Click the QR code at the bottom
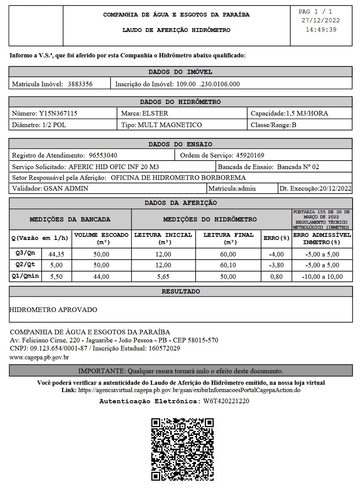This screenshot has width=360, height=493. (x=183, y=449)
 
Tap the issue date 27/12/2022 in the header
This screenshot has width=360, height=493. (x=321, y=21)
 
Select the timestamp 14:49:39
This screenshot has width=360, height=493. (x=321, y=30)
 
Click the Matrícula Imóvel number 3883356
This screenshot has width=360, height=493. (x=80, y=84)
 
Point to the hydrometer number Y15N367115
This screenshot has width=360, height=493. (x=58, y=113)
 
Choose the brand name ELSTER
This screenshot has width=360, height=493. (x=155, y=113)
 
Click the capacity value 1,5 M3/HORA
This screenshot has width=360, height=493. (x=307, y=113)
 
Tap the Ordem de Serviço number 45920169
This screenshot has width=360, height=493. (x=249, y=155)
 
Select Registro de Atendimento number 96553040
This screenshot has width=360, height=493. (x=103, y=155)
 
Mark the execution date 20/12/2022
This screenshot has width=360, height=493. (x=335, y=188)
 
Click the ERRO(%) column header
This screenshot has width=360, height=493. (x=276, y=238)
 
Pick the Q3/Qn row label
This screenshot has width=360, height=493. (x=25, y=253)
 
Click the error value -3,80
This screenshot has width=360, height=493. (x=276, y=265)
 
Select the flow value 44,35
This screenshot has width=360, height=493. (x=56, y=254)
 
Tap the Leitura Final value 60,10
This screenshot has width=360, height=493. (x=228, y=265)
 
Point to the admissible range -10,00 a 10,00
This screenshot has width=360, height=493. (x=322, y=277)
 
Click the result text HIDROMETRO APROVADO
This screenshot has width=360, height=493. (x=53, y=310)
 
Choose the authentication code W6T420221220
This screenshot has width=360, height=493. (x=226, y=401)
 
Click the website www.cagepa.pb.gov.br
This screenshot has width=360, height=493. (x=39, y=357)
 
